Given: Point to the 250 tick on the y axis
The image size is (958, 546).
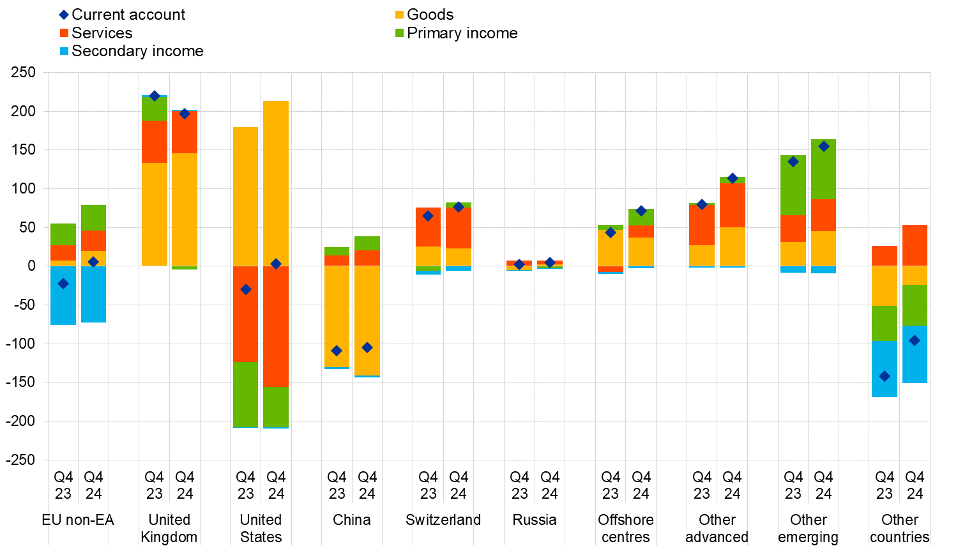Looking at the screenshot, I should pos(23,72).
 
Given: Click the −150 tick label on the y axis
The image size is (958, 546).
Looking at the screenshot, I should pos(21,382).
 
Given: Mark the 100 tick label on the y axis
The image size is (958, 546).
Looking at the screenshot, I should pos(23,188).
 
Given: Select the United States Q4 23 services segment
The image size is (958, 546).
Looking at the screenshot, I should pos(246,314).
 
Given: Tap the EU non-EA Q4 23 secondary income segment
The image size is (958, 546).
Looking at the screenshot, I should pos(63,295).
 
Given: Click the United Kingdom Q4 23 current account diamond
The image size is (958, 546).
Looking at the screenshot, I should pos(155,96).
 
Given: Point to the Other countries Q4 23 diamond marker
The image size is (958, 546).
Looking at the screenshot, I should pos(885,376).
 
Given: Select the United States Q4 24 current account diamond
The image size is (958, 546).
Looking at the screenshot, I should pos(276,264).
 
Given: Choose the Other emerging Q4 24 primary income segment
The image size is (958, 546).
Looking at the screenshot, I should pos(824,169).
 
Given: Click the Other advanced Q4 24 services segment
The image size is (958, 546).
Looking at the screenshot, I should pos(733,205).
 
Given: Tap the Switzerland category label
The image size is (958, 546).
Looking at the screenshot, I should pos(443,520).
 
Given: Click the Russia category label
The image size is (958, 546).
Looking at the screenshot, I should pos(535,520).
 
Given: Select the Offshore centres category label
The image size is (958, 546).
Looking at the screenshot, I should pos(626,528).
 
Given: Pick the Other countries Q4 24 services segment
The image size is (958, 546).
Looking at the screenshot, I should pos(915,245).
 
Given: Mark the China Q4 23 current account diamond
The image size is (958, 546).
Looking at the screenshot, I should pos(337,351).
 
